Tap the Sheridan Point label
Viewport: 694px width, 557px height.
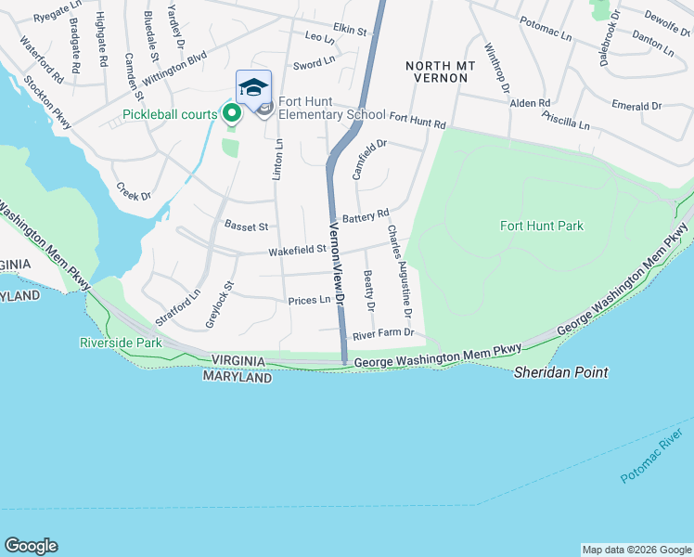click(x=561, y=372)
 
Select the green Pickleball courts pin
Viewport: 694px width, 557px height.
click(x=231, y=114)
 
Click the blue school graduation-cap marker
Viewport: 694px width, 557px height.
click(x=253, y=88)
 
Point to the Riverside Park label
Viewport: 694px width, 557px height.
click(x=120, y=343)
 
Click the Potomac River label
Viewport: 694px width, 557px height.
click(x=658, y=460)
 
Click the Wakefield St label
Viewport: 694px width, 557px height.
click(x=297, y=249)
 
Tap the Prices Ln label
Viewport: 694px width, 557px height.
click(x=309, y=300)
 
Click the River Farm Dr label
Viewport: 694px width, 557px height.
click(x=382, y=332)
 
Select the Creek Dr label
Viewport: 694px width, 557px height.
click(x=134, y=190)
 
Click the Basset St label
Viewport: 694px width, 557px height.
click(x=246, y=226)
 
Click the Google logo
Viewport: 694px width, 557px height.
click(x=31, y=546)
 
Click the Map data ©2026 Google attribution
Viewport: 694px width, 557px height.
click(x=636, y=550)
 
